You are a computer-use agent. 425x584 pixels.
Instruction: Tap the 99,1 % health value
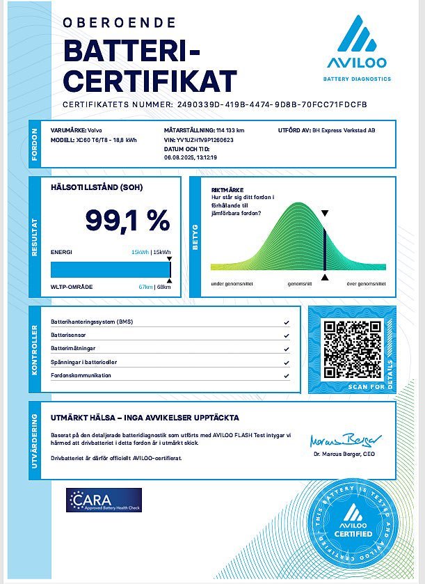(127, 220)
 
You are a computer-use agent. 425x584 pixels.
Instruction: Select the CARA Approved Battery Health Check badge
(104, 500)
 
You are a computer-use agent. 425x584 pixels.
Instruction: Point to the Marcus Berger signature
(345, 441)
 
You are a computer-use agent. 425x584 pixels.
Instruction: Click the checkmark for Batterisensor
(287, 336)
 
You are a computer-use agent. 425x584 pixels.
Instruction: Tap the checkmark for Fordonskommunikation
(287, 376)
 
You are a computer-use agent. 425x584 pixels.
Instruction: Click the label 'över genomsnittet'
(366, 284)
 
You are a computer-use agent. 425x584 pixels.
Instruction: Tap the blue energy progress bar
(110, 269)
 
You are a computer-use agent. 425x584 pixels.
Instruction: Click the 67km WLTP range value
(145, 287)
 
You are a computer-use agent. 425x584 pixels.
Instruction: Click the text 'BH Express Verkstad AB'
(344, 130)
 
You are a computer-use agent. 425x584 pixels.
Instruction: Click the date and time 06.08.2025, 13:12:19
(191, 158)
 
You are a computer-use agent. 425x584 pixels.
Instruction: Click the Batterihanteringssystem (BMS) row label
(91, 322)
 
